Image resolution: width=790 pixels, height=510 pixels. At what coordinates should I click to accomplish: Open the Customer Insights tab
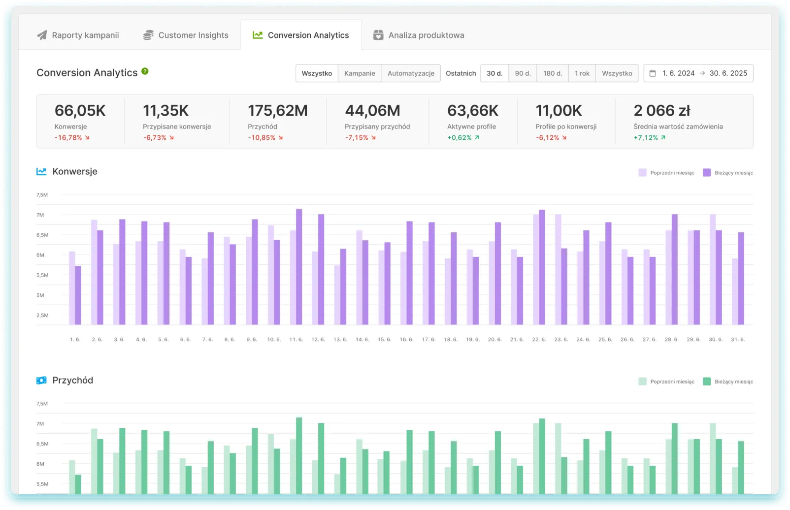point(186,35)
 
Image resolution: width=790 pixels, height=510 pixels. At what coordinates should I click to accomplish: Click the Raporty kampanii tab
point(78,35)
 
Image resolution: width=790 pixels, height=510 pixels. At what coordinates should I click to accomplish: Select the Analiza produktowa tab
point(419,35)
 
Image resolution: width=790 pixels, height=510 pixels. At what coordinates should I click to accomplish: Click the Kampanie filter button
point(360,73)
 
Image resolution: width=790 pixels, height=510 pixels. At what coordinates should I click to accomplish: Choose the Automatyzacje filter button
point(411,73)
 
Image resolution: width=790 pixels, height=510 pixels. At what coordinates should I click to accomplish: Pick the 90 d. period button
point(523,73)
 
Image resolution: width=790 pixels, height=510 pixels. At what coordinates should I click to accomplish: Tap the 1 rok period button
point(582,73)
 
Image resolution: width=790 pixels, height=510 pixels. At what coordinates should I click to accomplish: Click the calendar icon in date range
point(653,73)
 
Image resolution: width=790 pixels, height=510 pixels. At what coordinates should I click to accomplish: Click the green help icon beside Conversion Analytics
point(145,71)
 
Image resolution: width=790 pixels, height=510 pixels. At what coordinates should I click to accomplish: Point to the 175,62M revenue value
point(277,111)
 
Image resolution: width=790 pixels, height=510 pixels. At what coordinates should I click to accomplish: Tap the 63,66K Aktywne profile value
point(472,111)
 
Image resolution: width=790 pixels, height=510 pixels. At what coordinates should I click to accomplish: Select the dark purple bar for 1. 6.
point(78,295)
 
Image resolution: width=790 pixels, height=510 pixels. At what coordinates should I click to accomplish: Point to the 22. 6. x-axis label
point(539,340)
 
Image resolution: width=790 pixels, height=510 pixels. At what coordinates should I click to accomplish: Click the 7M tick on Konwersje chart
point(40,215)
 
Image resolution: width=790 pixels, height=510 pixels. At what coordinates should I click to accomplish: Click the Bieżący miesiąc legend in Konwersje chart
point(728,173)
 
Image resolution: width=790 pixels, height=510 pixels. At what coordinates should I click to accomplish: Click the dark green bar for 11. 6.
point(299,455)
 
